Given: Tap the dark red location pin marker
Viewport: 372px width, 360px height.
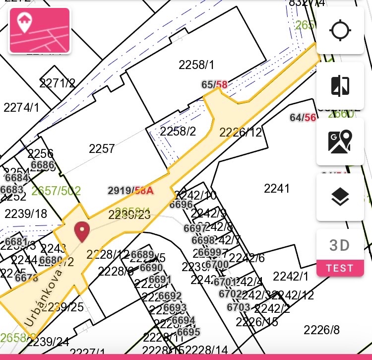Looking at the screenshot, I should click(82, 232).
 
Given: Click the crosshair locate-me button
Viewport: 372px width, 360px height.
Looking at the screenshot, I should click(340, 30).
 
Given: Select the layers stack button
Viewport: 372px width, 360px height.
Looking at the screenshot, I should click(340, 197).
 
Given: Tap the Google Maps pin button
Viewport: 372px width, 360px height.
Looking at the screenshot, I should click(340, 142).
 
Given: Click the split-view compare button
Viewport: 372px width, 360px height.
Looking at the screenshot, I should click(340, 86).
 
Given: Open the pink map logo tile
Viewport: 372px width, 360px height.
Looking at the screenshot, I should click(39, 30).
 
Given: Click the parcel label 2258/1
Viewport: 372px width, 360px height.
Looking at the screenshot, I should click(196, 65).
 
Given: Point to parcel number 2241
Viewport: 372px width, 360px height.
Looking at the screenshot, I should click(276, 188).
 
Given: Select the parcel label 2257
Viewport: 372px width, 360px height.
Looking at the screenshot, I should click(102, 148).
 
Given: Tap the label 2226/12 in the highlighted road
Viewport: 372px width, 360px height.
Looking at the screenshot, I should click(241, 133).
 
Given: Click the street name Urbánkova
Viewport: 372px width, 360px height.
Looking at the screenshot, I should click(44, 297).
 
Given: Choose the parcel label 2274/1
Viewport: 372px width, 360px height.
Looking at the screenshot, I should click(21, 107).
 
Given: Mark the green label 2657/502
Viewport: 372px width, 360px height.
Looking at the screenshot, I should click(56, 191).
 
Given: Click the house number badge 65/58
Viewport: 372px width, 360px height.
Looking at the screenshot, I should click(214, 85).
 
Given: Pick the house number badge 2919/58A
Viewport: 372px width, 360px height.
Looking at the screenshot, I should click(130, 190).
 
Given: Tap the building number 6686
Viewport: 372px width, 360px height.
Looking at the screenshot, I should click(42, 165).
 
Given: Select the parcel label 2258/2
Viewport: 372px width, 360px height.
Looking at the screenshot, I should click(178, 131).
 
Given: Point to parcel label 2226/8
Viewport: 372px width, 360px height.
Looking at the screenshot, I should click(321, 330).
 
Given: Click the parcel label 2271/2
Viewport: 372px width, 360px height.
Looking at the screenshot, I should click(58, 83).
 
